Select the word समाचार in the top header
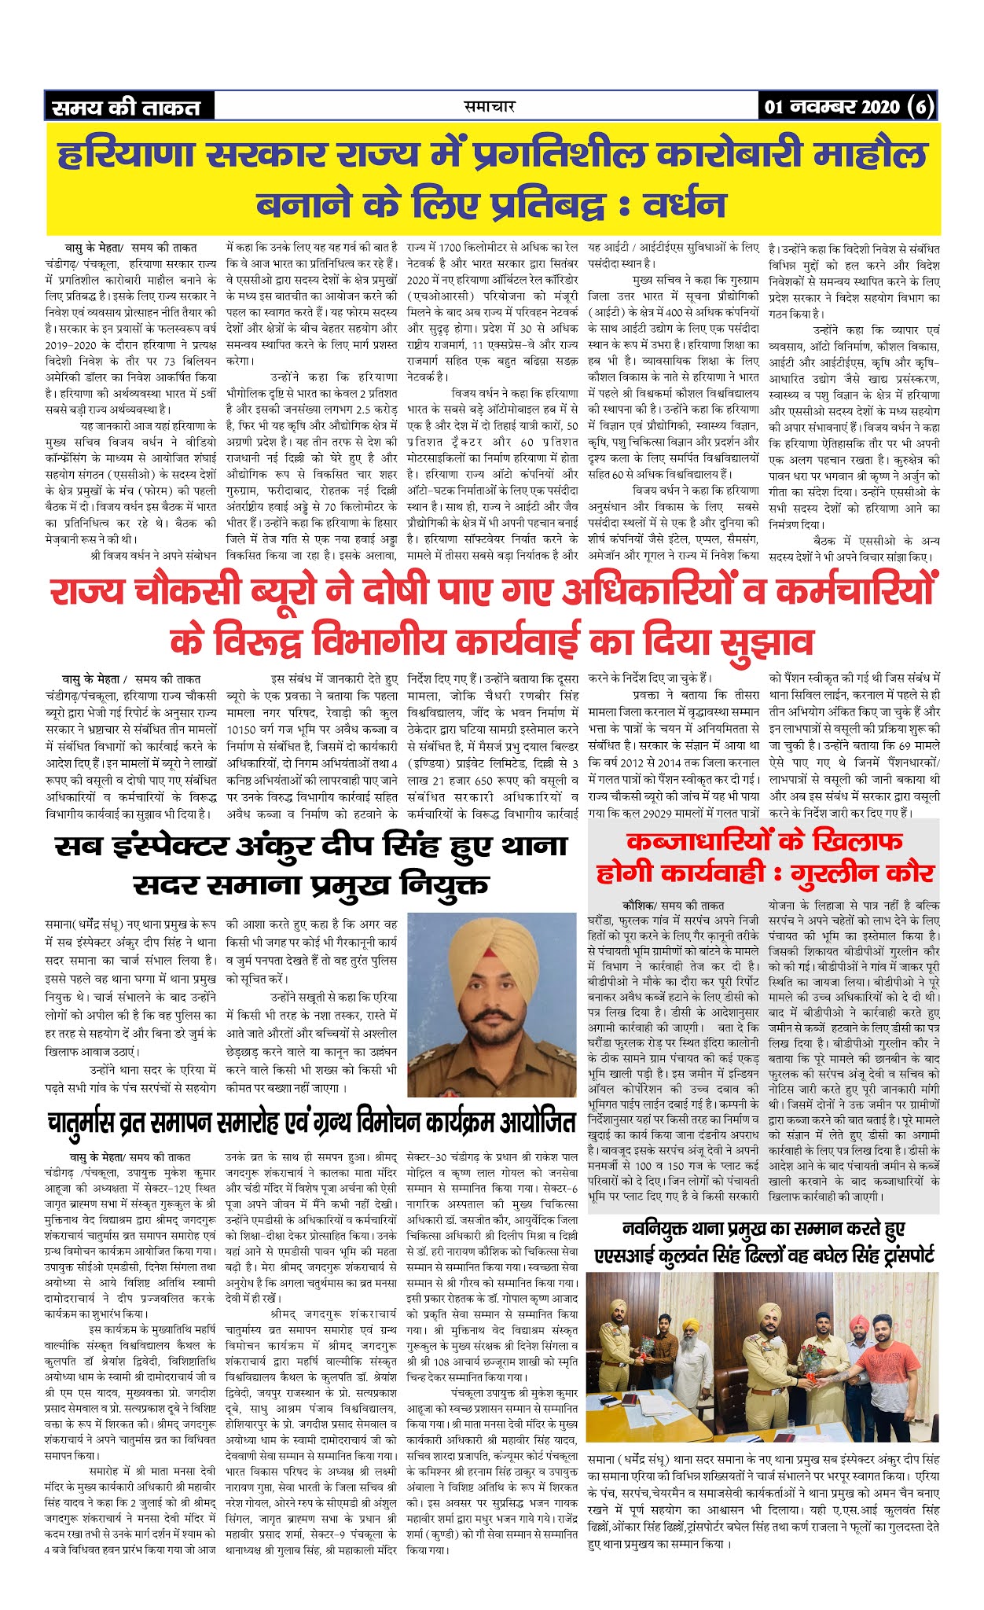click(x=490, y=106)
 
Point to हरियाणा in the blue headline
click(x=125, y=154)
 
